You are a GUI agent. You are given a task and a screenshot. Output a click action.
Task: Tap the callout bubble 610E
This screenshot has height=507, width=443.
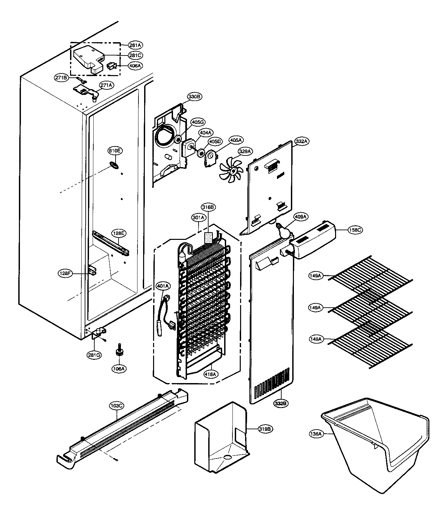[x=114, y=151]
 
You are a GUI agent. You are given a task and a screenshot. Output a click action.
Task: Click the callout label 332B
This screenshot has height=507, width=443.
[x=281, y=404]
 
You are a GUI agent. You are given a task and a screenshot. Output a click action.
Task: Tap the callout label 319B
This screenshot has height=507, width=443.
[x=266, y=429]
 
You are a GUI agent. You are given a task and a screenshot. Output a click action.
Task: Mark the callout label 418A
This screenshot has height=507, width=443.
[x=211, y=374]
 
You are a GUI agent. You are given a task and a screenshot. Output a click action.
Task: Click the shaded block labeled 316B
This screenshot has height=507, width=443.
[x=208, y=239]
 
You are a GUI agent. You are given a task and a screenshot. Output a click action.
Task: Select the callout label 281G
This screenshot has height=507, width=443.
[x=94, y=355]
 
